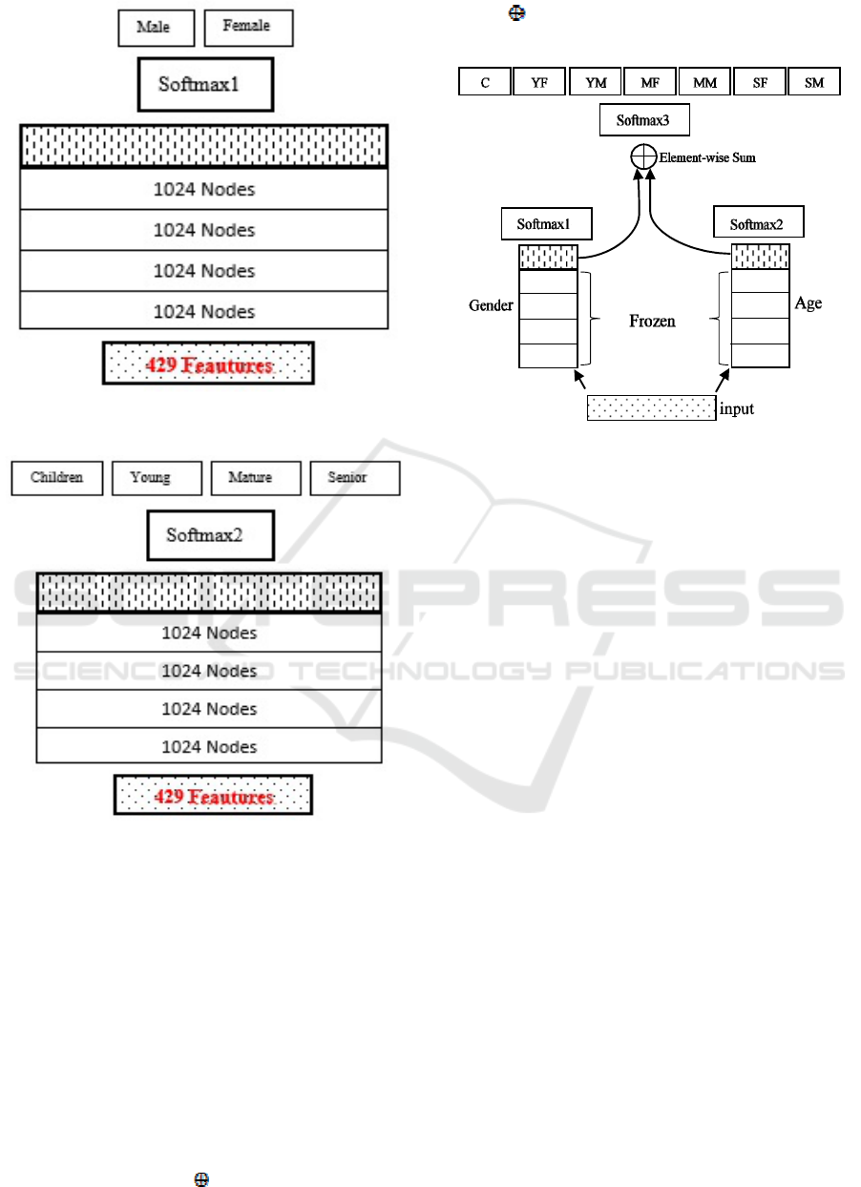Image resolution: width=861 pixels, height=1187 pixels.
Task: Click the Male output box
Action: tap(156, 28)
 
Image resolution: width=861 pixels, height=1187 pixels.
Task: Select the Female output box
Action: tap(248, 28)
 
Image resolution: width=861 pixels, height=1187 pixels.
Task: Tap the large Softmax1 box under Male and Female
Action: tap(206, 85)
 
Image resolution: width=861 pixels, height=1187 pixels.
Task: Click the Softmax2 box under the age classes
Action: tap(211, 535)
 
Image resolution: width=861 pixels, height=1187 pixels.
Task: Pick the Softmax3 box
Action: tap(644, 120)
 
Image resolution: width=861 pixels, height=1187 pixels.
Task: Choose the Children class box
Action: tap(57, 478)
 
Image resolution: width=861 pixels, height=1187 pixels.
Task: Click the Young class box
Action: tap(157, 478)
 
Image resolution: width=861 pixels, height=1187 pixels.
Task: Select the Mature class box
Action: tap(256, 478)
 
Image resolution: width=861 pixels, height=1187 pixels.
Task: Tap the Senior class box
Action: tap(355, 478)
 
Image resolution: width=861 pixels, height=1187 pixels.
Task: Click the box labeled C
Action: tap(485, 82)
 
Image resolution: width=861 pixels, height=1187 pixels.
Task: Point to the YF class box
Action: tap(539, 82)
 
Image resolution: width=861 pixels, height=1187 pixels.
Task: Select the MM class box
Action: tap(705, 82)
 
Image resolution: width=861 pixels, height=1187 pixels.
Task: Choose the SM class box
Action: tap(814, 82)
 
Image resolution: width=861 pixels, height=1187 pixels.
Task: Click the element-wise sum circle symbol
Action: tap(643, 156)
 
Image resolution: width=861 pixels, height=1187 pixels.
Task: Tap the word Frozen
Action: tap(652, 322)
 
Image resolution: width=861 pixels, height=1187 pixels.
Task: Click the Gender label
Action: tap(491, 305)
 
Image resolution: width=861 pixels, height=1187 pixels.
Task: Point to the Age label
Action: tap(808, 303)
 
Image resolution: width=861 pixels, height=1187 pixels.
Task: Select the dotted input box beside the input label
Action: tap(652, 408)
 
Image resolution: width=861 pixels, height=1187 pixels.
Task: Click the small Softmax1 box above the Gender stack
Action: tap(547, 223)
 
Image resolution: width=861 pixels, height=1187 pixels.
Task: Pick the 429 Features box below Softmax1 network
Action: tap(208, 364)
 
